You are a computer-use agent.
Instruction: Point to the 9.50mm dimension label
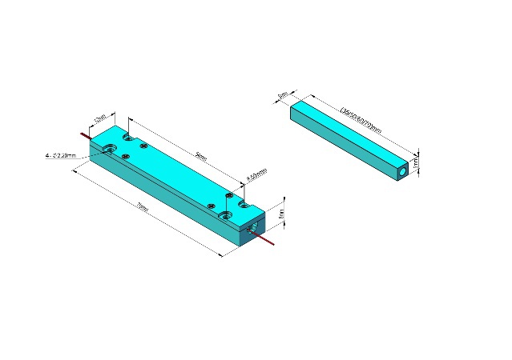coord(256,174)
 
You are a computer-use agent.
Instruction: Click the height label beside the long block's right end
coord(281,214)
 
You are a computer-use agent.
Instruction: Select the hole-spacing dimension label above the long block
coord(201,158)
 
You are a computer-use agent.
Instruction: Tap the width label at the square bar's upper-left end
coord(283,95)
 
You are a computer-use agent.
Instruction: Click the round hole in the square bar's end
coord(402,172)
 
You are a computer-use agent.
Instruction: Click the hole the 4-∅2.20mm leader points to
coord(109,149)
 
